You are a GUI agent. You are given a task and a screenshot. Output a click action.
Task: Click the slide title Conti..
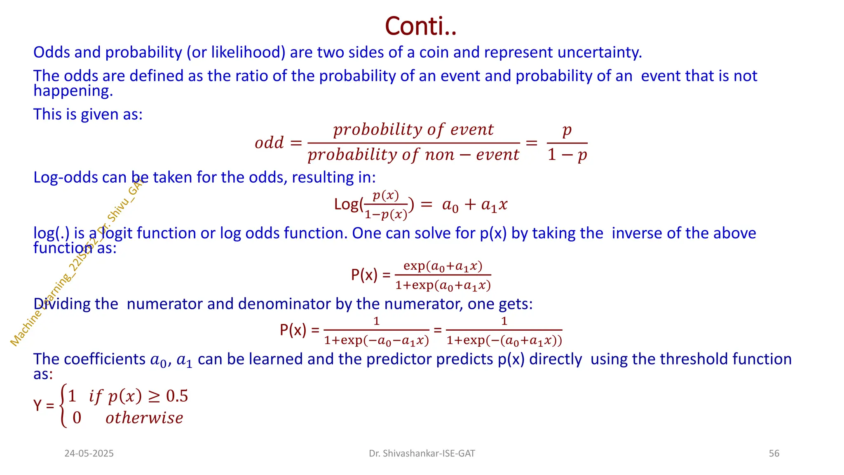point(420,26)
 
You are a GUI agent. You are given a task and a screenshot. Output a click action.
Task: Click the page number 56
point(774,454)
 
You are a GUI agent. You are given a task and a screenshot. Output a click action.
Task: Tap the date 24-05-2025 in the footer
point(89,454)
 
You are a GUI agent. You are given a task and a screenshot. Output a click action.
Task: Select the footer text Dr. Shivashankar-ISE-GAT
point(422,454)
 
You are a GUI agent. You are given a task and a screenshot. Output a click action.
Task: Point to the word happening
point(73,91)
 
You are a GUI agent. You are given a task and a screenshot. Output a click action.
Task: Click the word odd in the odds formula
point(269,143)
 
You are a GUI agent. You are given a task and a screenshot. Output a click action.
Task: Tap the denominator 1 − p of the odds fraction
point(567,155)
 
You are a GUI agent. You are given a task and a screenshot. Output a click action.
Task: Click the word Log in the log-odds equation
point(346,205)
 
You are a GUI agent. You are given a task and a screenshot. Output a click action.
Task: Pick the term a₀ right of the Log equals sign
point(450,205)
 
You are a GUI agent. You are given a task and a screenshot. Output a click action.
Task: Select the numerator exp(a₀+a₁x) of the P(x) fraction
point(443,266)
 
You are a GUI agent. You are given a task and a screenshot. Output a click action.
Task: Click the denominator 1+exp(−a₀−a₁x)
point(376,341)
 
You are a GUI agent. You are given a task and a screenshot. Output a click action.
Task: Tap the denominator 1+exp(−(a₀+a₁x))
point(504,341)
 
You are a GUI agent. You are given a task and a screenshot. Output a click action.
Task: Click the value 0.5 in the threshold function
point(177,396)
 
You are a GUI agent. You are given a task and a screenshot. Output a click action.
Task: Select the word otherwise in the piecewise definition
point(144,418)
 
